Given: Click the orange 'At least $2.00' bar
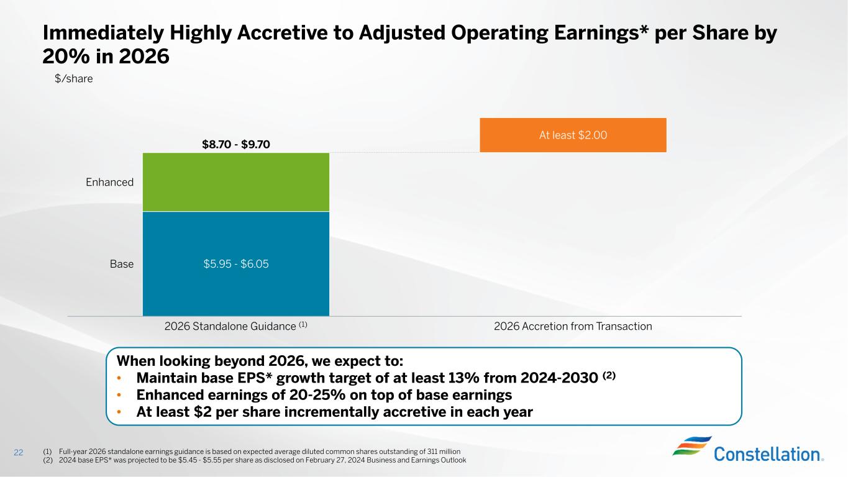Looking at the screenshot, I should pos(573,135).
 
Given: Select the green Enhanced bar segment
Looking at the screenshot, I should pos(236,182).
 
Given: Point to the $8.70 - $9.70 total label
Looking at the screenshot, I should pos(236,145).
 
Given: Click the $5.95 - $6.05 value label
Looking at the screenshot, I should pos(236,264).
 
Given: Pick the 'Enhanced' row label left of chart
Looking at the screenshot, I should pos(110,182).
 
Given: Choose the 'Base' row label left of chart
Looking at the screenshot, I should pos(122,264).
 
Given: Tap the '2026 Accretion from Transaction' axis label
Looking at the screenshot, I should pos(573,327).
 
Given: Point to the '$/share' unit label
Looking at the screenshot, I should pos(74,79).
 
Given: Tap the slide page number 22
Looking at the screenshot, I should pos(18,453).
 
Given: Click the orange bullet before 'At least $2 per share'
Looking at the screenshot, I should pos(121,412).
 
